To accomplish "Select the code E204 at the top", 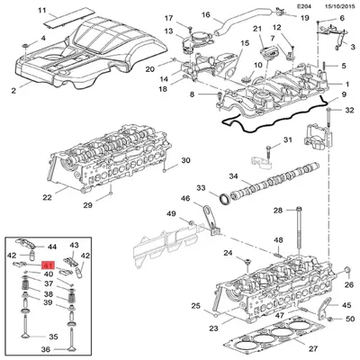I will point(289,6).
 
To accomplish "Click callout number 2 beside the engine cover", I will point(13,91).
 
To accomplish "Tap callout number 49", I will point(170,214).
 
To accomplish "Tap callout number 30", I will point(186,161).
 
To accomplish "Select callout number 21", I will point(258,30).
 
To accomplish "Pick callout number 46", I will point(184,198).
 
